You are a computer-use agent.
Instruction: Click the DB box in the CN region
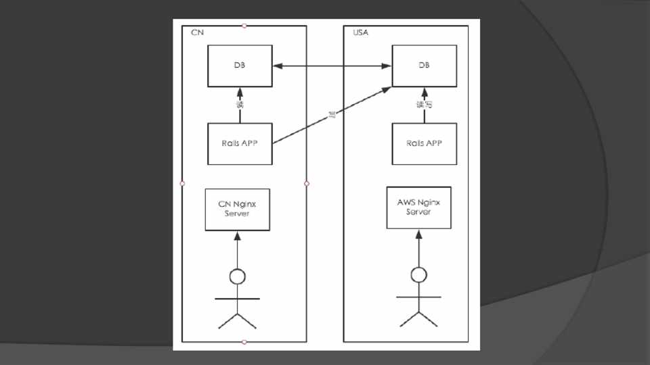(x=240, y=66)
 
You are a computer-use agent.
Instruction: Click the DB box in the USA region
(x=424, y=66)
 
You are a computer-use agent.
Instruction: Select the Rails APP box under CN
(x=240, y=143)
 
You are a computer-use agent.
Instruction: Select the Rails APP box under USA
(x=424, y=143)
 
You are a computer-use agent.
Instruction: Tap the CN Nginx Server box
(x=237, y=209)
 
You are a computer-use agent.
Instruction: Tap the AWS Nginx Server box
(x=418, y=208)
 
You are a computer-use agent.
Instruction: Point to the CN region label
(x=197, y=32)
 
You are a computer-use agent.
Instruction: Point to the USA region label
(x=361, y=32)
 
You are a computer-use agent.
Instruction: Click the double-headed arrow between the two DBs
(x=332, y=66)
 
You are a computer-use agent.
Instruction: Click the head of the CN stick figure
(x=237, y=276)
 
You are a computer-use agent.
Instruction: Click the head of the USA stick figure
(x=419, y=274)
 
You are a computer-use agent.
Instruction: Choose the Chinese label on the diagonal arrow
(x=332, y=114)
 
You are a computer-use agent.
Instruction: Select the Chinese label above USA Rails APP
(x=424, y=105)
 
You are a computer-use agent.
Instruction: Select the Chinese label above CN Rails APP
(x=240, y=105)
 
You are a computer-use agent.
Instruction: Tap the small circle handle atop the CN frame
(x=244, y=26)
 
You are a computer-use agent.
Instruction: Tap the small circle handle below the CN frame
(x=244, y=342)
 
